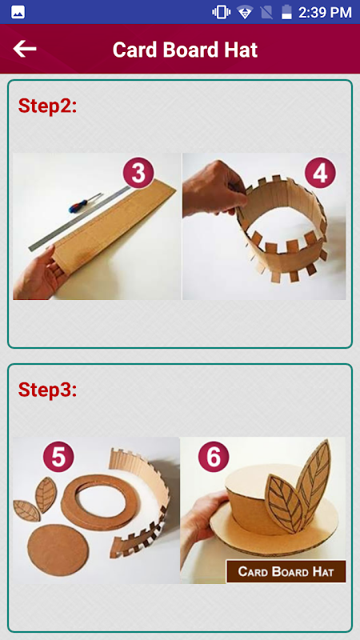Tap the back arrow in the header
pos(25,49)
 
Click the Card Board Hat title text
pos(185,50)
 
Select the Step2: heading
pos(47,106)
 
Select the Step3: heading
pos(47,390)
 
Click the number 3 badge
pos(138,173)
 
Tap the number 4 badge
pos(320,173)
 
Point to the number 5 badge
pos(58,457)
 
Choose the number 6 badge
pos(214,457)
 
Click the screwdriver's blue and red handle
pos(78,205)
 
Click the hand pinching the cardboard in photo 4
pos(214,189)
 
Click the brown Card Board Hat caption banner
pos(286,571)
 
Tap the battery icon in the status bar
pos(286,12)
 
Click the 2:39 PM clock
pos(325,12)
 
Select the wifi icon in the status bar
pos(245,12)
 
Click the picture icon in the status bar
pos(18,12)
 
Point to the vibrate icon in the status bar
pos(222,12)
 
